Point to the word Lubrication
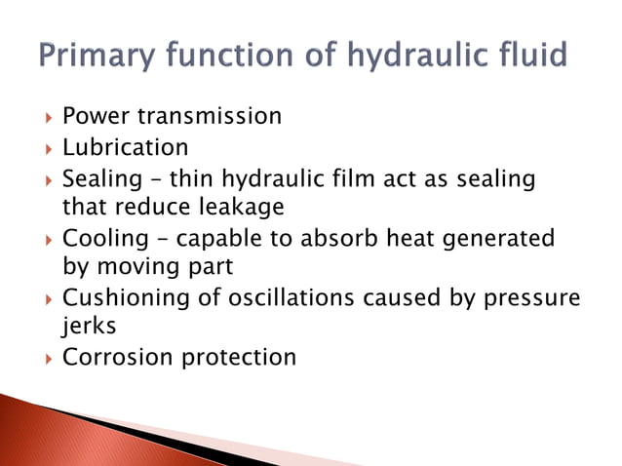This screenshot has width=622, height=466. click(x=126, y=148)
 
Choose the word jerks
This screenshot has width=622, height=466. click(x=89, y=328)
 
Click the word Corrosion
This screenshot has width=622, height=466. click(x=110, y=358)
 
